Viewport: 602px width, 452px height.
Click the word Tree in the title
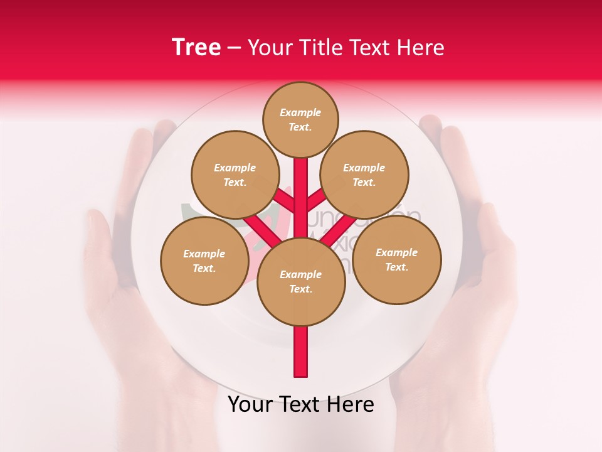point(196,48)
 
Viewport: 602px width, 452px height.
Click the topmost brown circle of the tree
point(300,119)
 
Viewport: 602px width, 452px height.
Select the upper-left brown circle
point(235,175)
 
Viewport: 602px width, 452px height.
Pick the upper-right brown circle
point(364,175)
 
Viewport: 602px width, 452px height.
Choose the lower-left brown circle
point(204,261)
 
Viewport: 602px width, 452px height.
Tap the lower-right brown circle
point(397,259)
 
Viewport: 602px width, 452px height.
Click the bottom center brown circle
point(301,281)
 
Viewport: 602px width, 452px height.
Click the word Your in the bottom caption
point(251,405)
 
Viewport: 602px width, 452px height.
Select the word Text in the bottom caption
point(300,405)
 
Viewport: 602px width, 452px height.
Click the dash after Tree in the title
point(234,48)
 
